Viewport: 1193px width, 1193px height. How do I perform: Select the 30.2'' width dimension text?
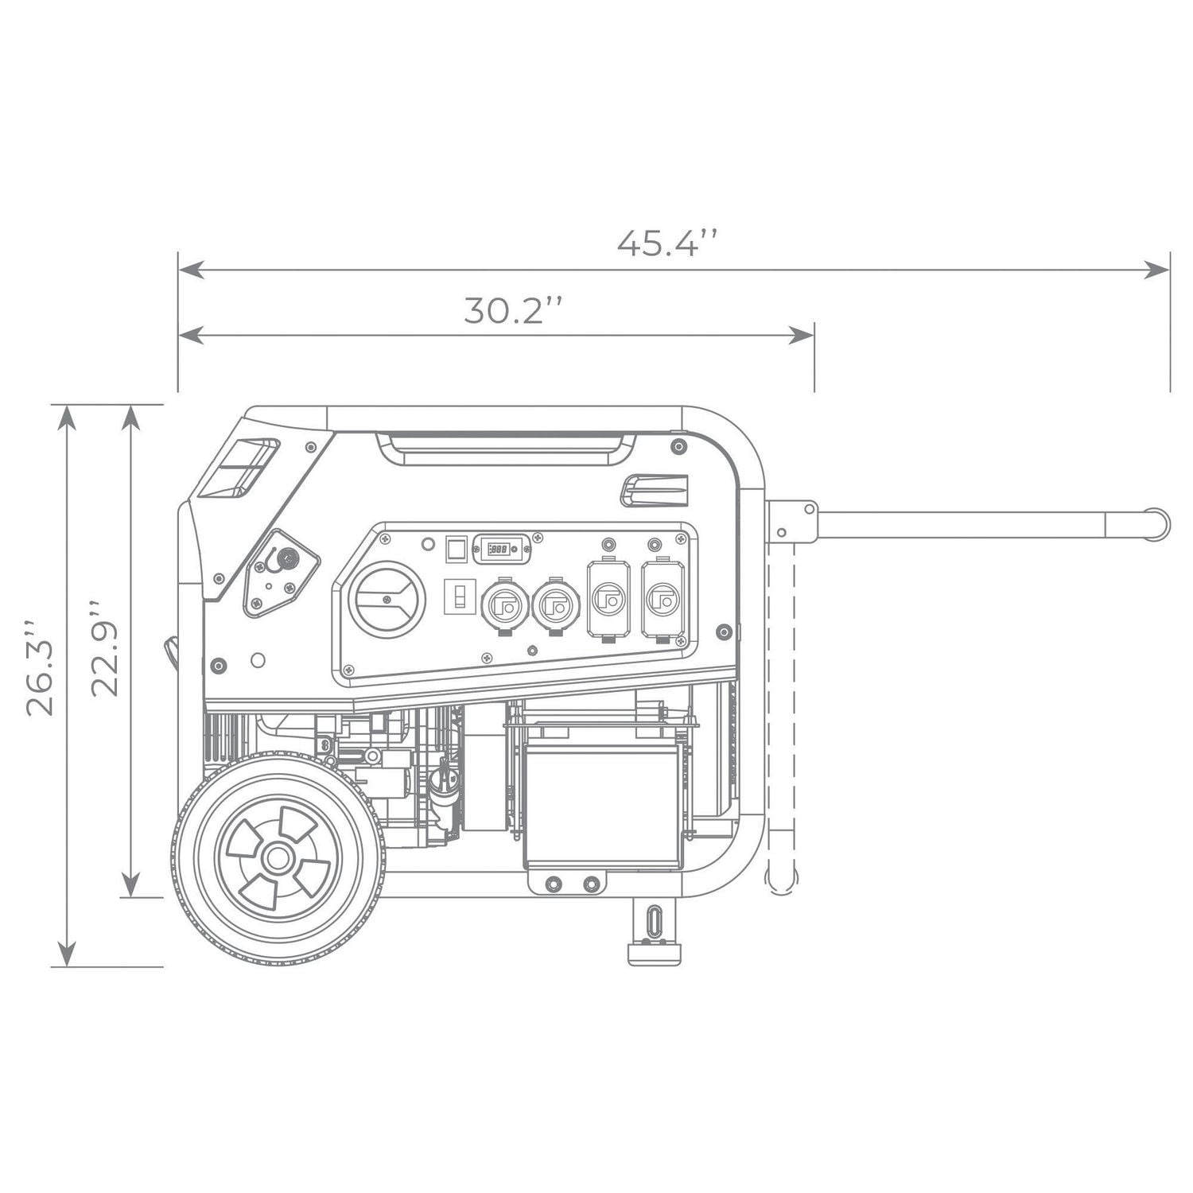[x=515, y=310]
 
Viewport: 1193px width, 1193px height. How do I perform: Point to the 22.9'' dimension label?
[x=104, y=649]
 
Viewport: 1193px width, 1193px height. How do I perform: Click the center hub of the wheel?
[x=278, y=857]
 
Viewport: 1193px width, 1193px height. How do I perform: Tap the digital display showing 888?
[x=501, y=549]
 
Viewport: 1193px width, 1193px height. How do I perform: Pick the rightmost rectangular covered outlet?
[x=662, y=599]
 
